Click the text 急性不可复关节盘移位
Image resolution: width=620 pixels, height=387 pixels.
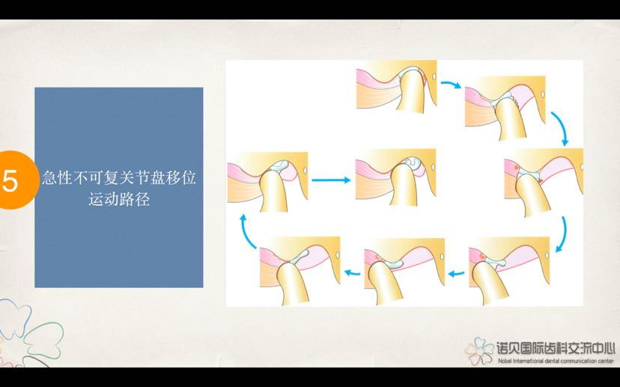(x=119, y=180)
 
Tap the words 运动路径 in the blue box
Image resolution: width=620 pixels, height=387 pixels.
(x=119, y=201)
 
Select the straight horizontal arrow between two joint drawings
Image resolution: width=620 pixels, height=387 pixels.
(x=330, y=180)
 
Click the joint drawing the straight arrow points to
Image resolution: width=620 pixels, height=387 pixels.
(x=395, y=180)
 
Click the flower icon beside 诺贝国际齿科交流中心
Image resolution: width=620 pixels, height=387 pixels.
(x=479, y=350)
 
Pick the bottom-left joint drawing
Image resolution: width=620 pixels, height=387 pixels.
(x=300, y=270)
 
